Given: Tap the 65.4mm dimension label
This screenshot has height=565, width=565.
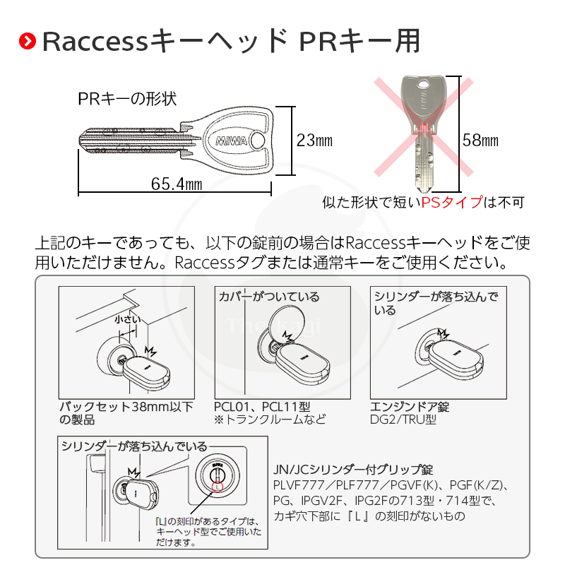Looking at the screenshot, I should [x=177, y=184].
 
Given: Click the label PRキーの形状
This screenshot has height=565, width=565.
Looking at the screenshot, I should [x=126, y=99].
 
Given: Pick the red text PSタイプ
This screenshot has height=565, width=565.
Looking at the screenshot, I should [x=451, y=203].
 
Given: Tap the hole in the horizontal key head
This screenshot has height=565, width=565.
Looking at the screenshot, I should [x=259, y=142].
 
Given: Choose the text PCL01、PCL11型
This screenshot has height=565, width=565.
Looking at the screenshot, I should [x=262, y=407].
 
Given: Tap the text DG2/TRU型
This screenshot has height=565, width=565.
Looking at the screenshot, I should [x=403, y=420].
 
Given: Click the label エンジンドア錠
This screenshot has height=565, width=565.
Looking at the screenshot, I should [x=410, y=407].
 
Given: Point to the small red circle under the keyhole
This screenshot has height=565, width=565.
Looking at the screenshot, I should [x=217, y=487].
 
